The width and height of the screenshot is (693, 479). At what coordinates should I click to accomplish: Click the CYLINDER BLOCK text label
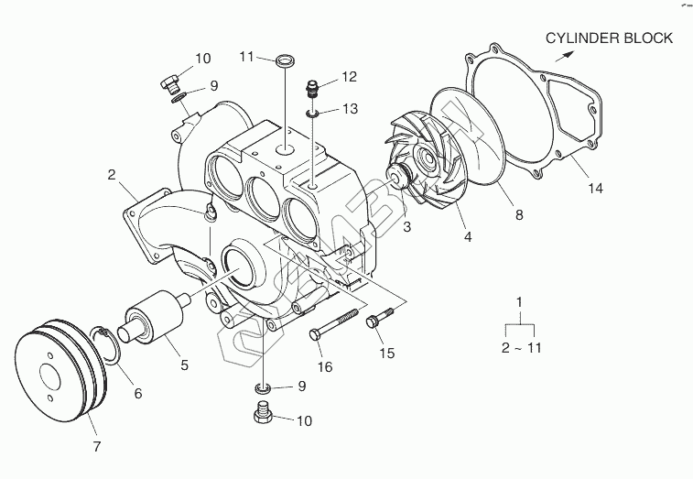click(609, 38)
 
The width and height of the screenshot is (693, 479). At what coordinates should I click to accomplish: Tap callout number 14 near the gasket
click(595, 190)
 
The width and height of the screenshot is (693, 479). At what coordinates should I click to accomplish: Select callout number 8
click(518, 216)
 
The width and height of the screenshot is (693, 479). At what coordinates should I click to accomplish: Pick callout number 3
click(406, 226)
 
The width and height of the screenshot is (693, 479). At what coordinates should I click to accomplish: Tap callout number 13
click(351, 109)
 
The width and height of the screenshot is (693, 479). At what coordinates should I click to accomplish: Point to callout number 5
click(184, 365)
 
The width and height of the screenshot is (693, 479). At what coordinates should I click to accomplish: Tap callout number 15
click(386, 354)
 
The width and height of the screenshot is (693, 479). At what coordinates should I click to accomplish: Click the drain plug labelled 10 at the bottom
click(263, 417)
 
